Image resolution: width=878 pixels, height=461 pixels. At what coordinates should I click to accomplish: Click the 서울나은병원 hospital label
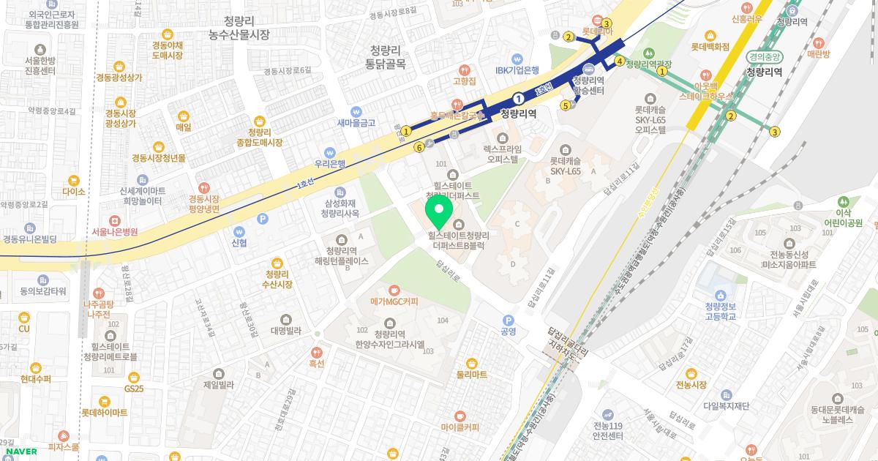(x=115, y=231)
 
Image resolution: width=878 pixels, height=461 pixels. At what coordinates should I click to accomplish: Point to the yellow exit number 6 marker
(x=419, y=147)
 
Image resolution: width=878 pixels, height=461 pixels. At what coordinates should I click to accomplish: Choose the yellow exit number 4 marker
(x=619, y=61)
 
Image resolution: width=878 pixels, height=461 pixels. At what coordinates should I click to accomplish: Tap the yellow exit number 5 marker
(x=566, y=105)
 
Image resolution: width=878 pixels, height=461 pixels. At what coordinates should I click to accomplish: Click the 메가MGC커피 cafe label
(x=394, y=301)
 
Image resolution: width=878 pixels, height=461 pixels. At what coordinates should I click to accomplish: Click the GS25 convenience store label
(x=133, y=388)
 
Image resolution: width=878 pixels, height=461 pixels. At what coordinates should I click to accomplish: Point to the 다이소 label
(x=74, y=191)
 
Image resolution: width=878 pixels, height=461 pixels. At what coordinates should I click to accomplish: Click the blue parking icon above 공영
(x=508, y=319)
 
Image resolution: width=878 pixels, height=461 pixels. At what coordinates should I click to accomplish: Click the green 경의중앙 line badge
(x=765, y=56)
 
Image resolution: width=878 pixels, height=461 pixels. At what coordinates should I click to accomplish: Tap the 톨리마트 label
(x=472, y=374)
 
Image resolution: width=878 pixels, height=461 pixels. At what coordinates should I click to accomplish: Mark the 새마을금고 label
(x=356, y=122)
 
